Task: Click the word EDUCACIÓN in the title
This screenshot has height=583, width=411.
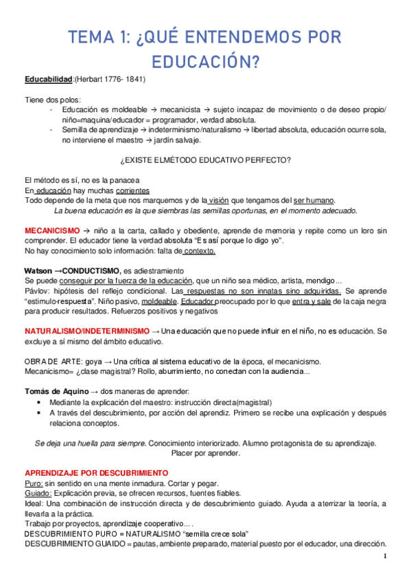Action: [x=205, y=63]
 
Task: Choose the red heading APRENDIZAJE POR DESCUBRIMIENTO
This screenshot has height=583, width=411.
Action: [x=96, y=473]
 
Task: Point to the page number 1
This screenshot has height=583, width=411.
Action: [x=386, y=556]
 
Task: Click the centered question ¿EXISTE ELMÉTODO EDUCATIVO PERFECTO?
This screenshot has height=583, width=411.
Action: [x=205, y=160]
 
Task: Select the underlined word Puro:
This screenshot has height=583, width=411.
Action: [x=34, y=483]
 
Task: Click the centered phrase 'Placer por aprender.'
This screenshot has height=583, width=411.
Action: [x=205, y=453]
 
